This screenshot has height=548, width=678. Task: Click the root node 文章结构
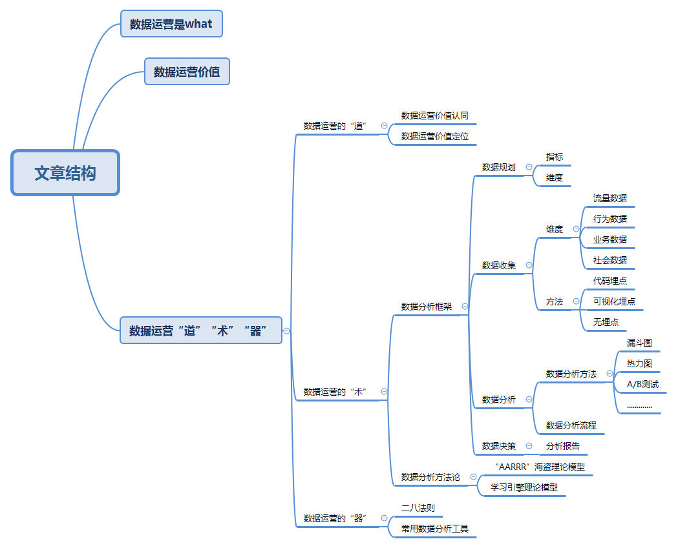click(x=65, y=173)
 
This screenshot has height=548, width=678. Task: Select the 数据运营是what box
click(x=171, y=24)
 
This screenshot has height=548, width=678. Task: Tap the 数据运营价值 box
click(x=187, y=72)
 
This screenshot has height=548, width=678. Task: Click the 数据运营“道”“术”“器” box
click(x=201, y=330)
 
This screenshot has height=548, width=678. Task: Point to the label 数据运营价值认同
click(x=434, y=116)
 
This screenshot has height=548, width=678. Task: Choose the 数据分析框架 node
click(x=427, y=307)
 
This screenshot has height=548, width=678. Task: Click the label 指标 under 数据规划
click(x=555, y=157)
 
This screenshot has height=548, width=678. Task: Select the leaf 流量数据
click(x=610, y=198)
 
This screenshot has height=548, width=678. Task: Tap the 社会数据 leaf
click(x=610, y=260)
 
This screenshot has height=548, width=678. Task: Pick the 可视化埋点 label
click(x=614, y=301)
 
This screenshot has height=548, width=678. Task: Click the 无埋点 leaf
click(x=606, y=322)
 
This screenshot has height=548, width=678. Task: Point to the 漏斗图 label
click(x=639, y=343)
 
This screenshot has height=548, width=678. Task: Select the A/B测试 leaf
click(x=642, y=384)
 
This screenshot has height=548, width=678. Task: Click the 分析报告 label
click(x=563, y=446)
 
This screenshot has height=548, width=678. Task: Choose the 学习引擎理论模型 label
click(x=524, y=487)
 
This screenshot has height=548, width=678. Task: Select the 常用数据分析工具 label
click(x=434, y=529)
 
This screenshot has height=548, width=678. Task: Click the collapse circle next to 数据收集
click(x=529, y=265)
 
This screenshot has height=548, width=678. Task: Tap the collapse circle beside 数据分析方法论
click(x=473, y=477)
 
